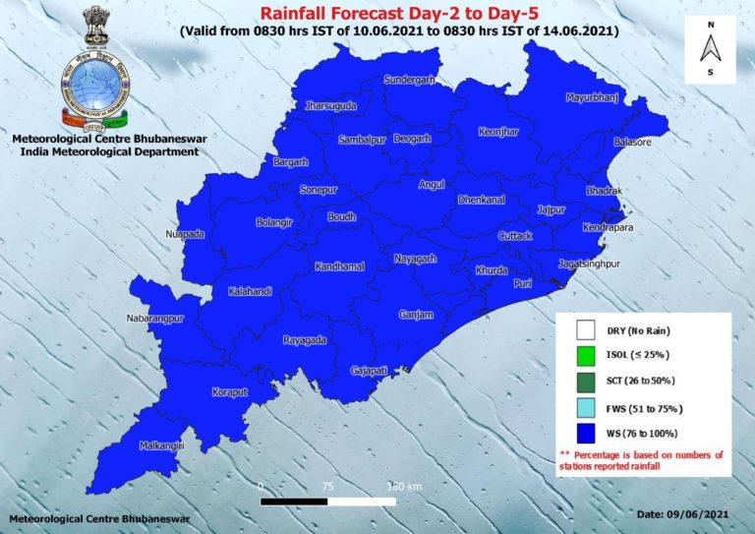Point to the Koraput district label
coord(232,392)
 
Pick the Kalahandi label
coord(250,292)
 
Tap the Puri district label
coord(524,283)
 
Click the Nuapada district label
coord(185,234)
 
